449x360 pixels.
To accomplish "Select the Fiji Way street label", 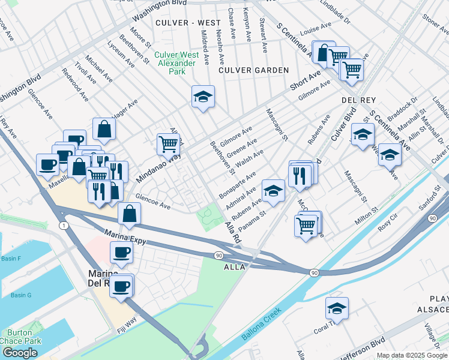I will tap(124, 328).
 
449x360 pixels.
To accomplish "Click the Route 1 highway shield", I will tap(63, 225).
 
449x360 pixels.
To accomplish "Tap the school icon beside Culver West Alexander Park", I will tap(203, 97).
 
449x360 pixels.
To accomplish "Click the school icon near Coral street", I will tap(337, 308).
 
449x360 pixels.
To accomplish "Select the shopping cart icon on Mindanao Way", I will tap(167, 143).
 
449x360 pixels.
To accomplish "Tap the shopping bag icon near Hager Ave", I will tap(104, 128).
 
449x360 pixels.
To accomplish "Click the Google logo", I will tap(20, 353).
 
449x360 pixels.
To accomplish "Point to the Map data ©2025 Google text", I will tap(411, 355).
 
